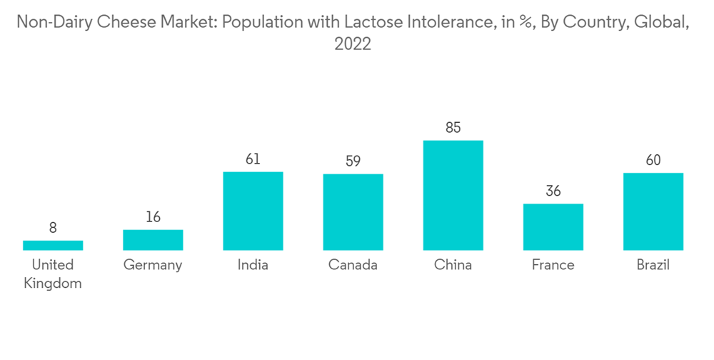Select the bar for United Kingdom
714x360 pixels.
point(53,245)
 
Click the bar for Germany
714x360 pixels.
point(153,240)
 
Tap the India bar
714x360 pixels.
point(253,211)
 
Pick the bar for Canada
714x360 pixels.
point(353,212)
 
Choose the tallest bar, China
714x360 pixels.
point(453,195)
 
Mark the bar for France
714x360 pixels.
point(553,227)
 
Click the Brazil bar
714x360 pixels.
point(653,211)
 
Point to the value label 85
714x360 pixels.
point(453,129)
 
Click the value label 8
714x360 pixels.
point(53,229)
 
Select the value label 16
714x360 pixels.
point(153,217)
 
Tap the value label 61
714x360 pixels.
point(253,159)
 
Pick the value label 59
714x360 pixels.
point(353,161)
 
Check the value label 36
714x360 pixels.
point(553,191)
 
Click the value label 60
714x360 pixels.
point(653,160)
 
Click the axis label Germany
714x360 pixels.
point(153,265)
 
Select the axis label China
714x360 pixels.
point(453,265)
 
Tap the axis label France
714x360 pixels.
point(553,265)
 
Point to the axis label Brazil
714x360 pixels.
point(653,265)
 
